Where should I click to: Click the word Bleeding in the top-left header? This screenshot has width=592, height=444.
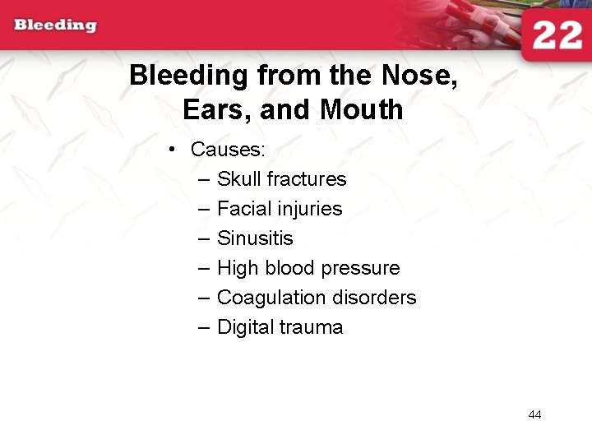55,25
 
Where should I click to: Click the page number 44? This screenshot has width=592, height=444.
534,414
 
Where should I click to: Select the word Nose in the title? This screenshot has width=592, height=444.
414,76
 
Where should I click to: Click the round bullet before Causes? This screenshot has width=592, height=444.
172,150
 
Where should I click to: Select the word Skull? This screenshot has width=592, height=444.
238,179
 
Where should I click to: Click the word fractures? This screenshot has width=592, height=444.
306,179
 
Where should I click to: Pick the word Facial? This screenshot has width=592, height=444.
243,209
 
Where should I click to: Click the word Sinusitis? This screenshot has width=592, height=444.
255,238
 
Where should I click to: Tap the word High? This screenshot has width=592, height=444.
237,268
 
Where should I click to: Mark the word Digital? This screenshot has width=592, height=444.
245,327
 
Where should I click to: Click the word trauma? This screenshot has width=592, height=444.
311,327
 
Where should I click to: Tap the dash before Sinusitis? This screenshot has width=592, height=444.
203,238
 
